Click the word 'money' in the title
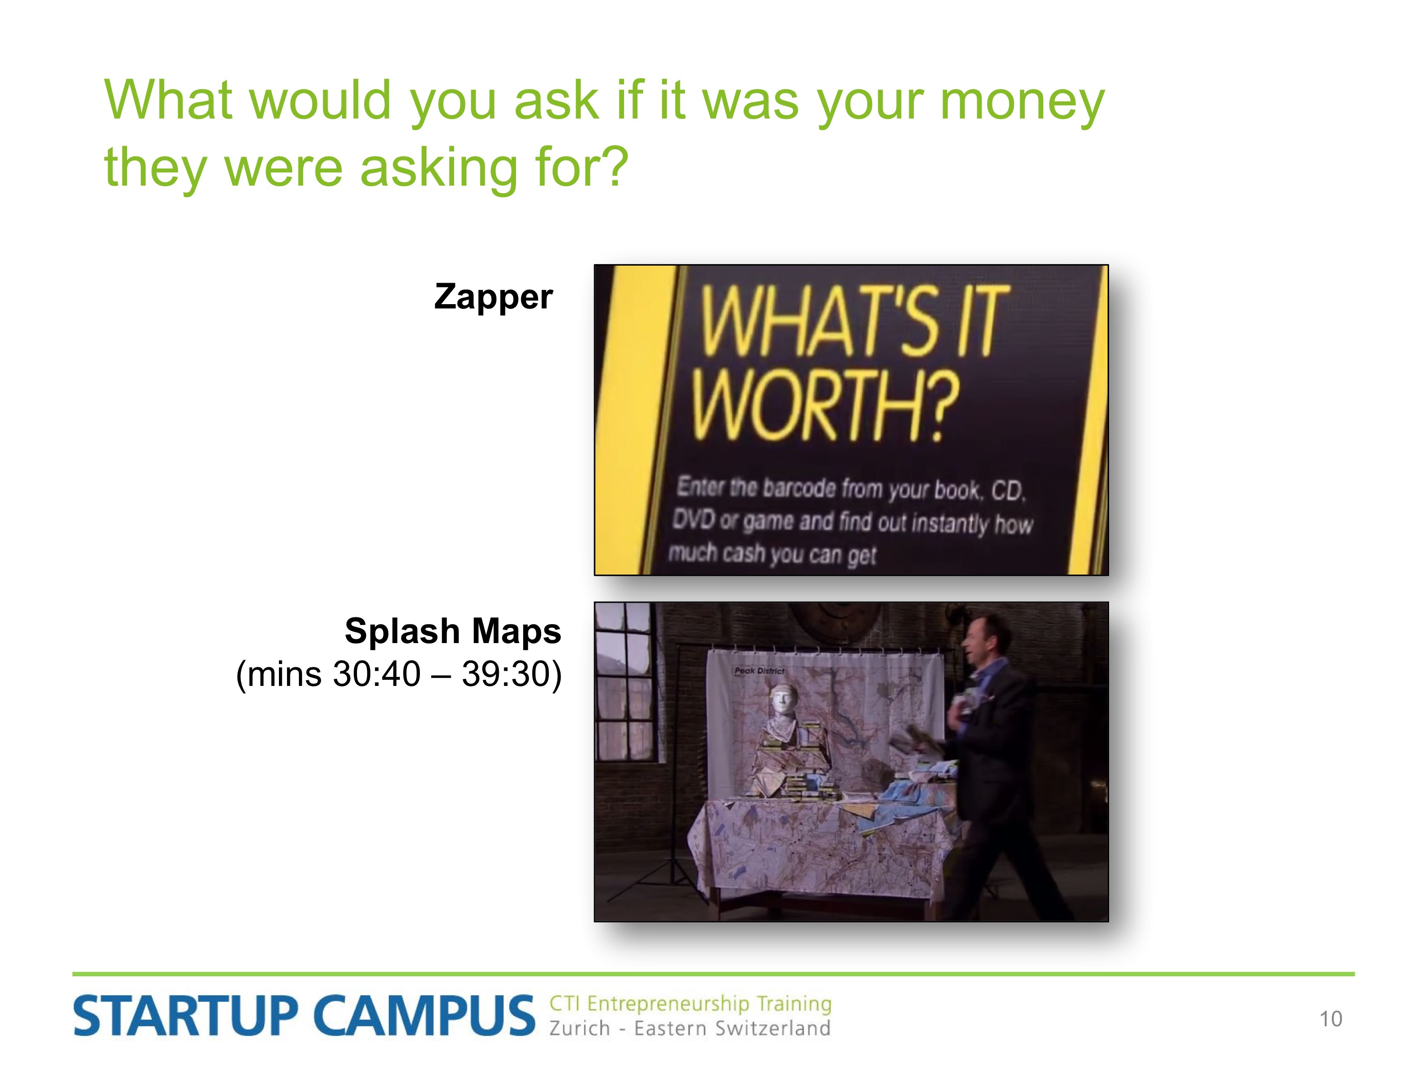pos(1022,101)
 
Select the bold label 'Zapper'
pos(493,297)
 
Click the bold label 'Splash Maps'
pos(453,631)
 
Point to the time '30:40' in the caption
pos(377,674)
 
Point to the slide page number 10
pos(1330,1019)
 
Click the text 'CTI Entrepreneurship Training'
pos(690,1004)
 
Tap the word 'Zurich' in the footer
pos(579,1028)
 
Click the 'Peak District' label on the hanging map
pos(759,671)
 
